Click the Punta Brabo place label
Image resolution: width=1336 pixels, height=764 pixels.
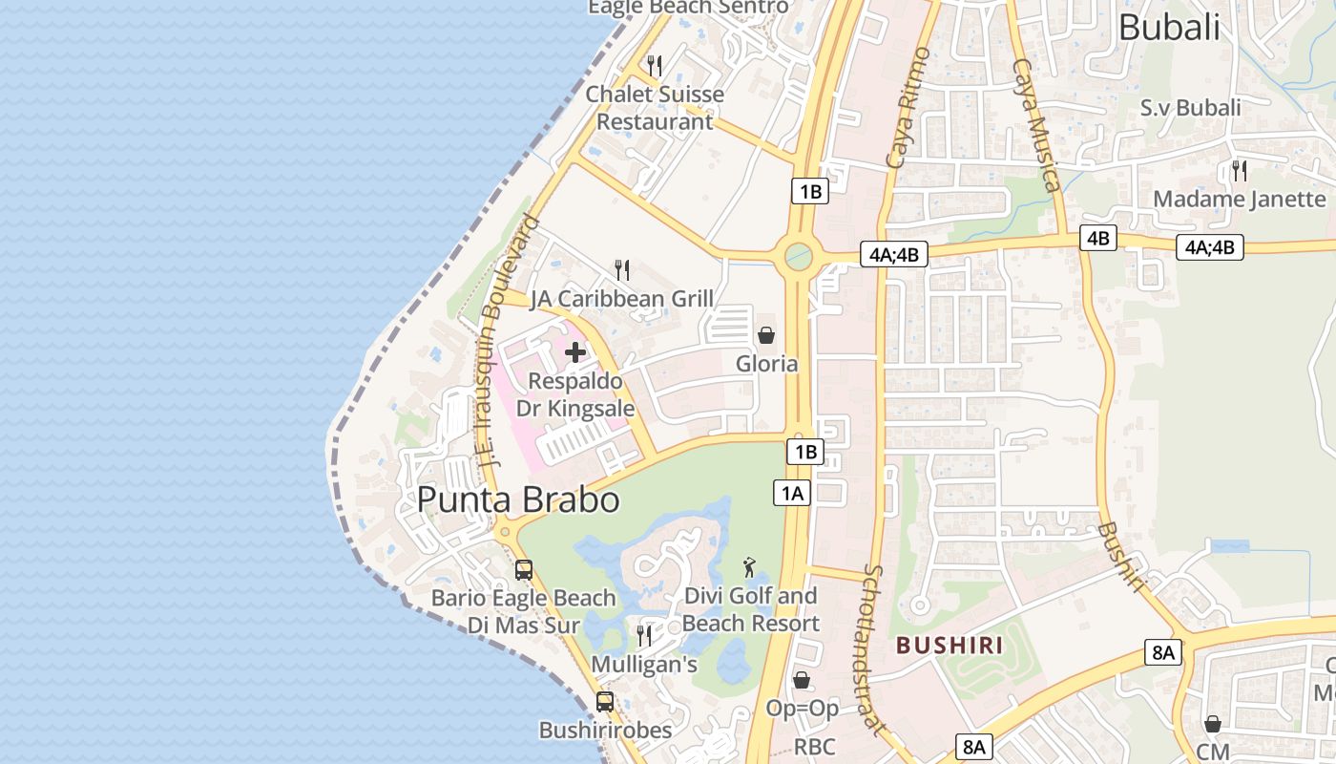coord(518,499)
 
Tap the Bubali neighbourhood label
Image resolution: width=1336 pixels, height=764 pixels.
coord(1169,28)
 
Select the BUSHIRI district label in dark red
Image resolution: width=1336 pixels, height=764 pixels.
coord(950,646)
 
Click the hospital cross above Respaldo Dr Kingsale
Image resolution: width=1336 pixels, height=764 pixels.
coord(575,352)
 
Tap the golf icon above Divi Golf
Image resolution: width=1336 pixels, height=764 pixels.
coord(751,567)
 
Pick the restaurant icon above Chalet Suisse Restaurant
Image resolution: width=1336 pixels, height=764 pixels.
coord(655,66)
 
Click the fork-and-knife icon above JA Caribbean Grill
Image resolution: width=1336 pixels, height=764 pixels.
coord(622,270)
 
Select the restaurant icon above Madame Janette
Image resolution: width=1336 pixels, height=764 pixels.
coord(1240,171)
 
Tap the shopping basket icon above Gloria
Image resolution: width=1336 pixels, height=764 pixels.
coord(765,335)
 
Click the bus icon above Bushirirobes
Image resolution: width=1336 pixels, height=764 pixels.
coord(605,702)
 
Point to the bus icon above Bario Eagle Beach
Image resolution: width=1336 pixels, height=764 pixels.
coord(524,570)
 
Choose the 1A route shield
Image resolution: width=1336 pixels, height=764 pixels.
coord(792,493)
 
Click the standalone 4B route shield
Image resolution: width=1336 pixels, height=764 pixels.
coord(1098,238)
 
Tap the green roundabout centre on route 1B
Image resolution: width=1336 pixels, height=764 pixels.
coord(798,256)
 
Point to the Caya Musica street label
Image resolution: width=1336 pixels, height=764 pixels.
coord(1037,124)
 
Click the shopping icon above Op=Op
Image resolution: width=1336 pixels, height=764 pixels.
coord(802,680)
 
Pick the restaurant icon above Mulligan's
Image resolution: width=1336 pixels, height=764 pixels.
coord(644,635)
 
